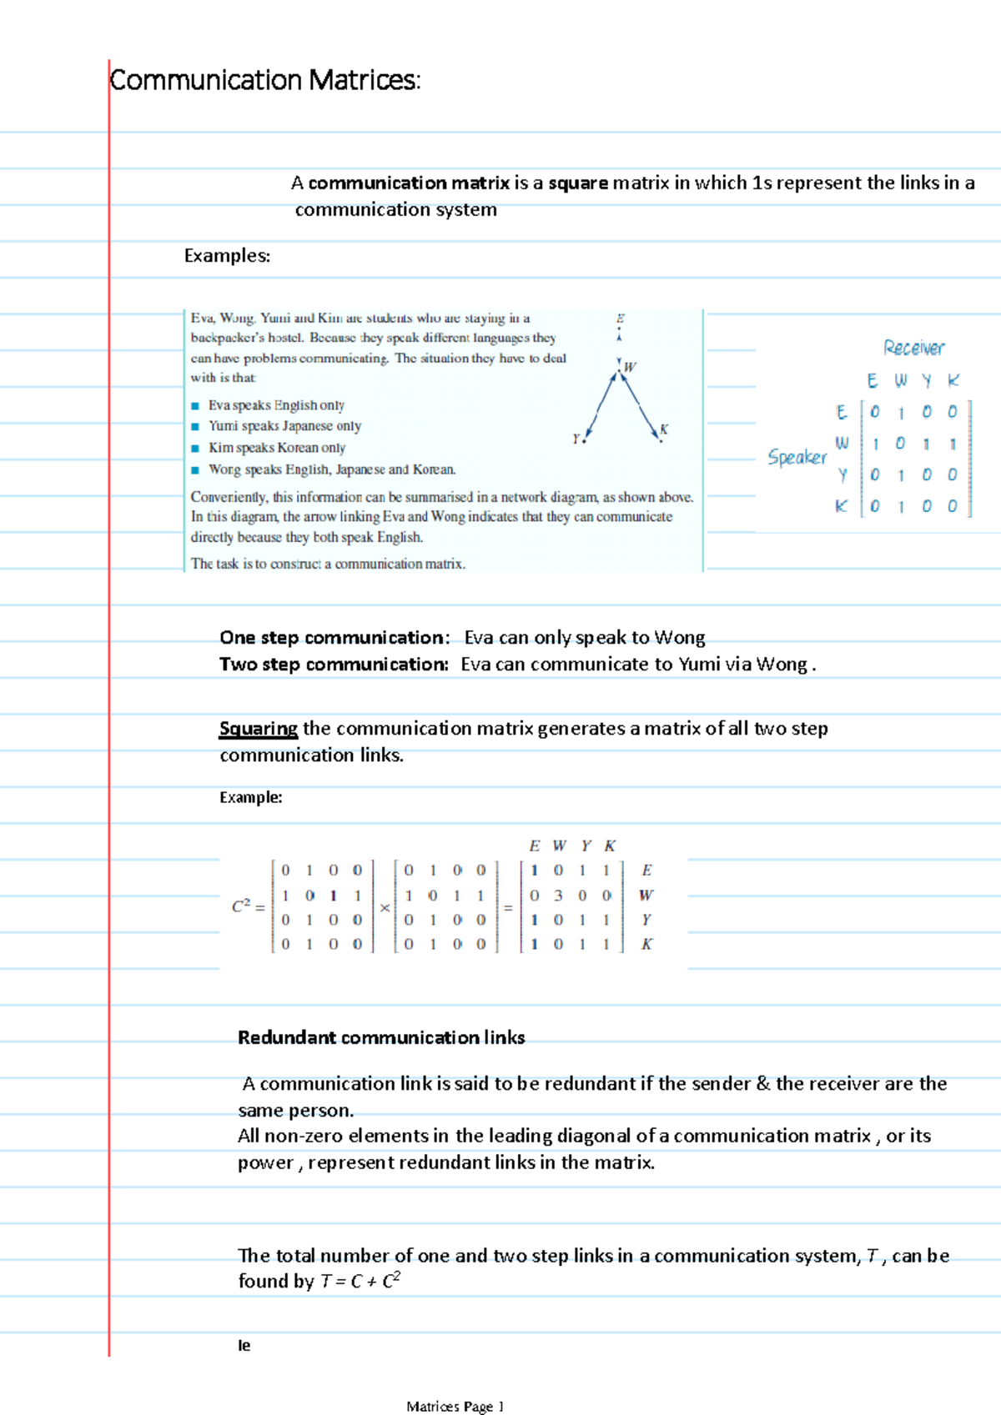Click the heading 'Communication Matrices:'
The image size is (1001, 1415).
265,81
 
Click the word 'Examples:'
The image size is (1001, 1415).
227,256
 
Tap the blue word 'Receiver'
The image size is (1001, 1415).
913,348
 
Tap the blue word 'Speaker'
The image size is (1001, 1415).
797,457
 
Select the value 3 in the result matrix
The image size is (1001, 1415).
558,896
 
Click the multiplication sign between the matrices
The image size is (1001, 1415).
385,908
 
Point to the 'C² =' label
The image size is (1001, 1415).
248,906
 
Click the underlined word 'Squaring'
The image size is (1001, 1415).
258,729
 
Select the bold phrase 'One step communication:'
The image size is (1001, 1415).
335,638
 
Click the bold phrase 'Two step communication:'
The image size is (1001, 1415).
334,665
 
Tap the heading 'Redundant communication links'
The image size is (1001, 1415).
381,1038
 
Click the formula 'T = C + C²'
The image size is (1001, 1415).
360,1282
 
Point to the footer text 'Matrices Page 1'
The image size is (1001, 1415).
455,1407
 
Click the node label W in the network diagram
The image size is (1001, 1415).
630,367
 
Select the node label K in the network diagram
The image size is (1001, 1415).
664,429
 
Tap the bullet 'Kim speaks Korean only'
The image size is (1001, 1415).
276,448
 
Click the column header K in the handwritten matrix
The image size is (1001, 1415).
953,381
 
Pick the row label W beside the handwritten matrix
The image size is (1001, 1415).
842,443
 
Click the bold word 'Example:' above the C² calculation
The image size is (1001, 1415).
250,798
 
